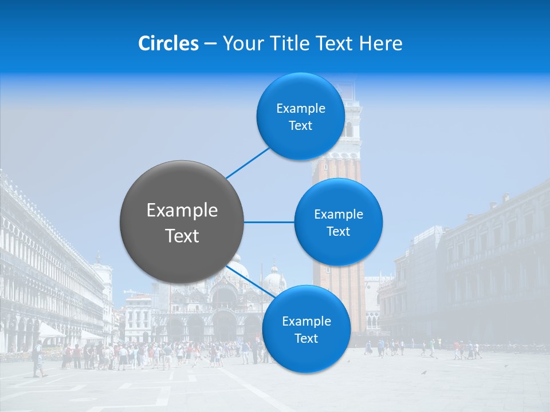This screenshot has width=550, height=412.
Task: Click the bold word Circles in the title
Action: click(x=168, y=43)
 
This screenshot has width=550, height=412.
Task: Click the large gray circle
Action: click(x=182, y=222)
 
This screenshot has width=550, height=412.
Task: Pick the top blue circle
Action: click(x=300, y=116)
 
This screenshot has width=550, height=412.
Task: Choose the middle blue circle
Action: click(x=338, y=222)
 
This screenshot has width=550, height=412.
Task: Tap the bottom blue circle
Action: click(x=306, y=329)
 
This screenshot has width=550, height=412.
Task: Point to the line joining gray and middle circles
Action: click(x=269, y=222)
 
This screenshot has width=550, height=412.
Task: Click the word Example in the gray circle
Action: click(x=182, y=211)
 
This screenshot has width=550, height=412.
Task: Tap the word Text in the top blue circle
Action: click(x=300, y=126)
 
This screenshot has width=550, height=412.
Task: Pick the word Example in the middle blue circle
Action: click(x=338, y=214)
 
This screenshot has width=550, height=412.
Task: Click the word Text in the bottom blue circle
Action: click(x=306, y=338)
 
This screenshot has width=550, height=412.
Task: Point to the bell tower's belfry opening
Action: click(x=349, y=128)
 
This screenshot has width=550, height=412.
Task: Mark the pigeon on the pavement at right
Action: click(x=424, y=373)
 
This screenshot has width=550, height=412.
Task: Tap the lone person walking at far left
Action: click(x=38, y=359)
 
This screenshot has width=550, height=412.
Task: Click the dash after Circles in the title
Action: click(x=210, y=44)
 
